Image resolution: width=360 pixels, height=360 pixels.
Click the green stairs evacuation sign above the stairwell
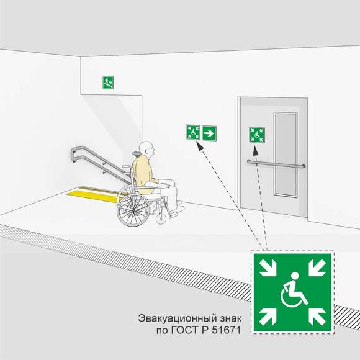(x=108, y=83)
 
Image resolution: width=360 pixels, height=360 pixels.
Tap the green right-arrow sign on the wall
(x=209, y=133)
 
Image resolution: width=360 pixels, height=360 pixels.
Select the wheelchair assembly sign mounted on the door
(x=257, y=135)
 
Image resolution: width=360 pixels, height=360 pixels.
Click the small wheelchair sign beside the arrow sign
(x=193, y=132)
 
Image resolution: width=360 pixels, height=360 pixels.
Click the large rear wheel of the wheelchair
(x=133, y=210)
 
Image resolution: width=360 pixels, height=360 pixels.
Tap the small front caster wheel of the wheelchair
(x=161, y=218)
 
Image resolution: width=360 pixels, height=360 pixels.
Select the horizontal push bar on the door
(x=276, y=164)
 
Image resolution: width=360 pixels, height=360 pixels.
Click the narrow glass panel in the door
(x=286, y=155)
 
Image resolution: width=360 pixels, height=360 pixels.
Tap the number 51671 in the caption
(x=227, y=330)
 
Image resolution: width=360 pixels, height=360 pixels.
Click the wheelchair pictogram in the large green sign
(x=294, y=290)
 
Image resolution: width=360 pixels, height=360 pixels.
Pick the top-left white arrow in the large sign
(x=268, y=268)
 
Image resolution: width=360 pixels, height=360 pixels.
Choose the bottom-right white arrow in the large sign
(x=317, y=317)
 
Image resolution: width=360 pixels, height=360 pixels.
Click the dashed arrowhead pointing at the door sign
(x=256, y=151)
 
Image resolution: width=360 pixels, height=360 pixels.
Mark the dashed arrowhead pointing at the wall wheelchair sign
(x=199, y=146)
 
